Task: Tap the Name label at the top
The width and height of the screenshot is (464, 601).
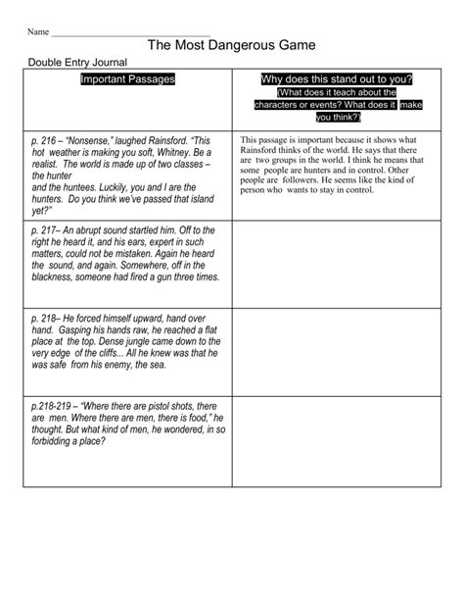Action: (x=37, y=31)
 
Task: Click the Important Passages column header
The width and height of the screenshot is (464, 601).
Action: (x=126, y=79)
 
